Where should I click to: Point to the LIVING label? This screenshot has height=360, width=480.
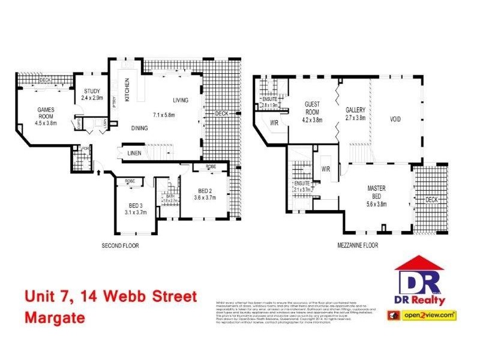180,100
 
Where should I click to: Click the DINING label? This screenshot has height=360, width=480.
140,128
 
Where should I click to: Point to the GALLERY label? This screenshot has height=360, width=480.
356,110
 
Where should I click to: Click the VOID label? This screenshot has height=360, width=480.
395,119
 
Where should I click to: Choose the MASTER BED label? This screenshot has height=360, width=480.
376,192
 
